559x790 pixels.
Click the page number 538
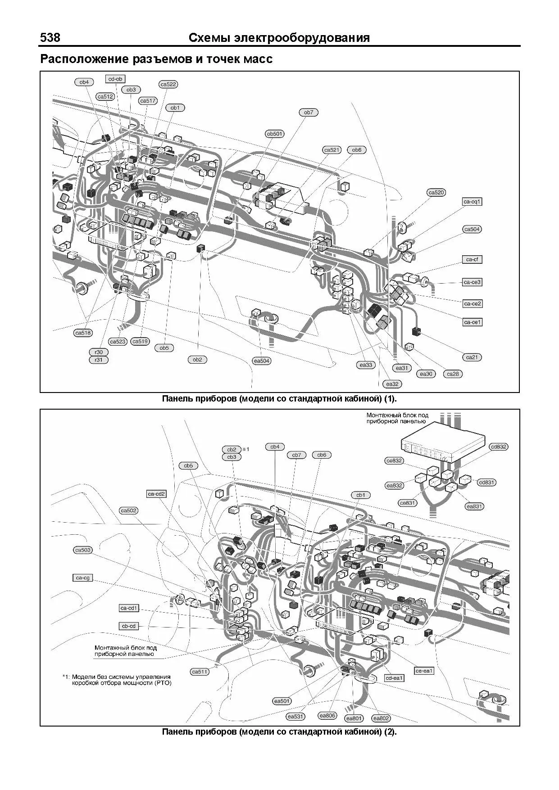point(50,38)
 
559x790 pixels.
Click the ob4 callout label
point(84,82)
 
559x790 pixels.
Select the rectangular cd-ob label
point(115,79)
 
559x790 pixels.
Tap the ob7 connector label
point(308,113)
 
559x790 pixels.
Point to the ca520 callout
point(436,193)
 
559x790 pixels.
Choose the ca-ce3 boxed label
point(472,282)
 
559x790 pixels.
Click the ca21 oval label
point(472,357)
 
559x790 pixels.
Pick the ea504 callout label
point(262,361)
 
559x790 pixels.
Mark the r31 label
point(98,360)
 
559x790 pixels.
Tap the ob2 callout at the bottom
point(197,359)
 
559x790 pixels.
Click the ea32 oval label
point(392,384)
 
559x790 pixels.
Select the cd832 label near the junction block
point(499,447)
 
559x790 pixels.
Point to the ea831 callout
point(474,506)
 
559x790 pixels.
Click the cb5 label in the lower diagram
point(188,465)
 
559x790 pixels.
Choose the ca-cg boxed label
point(82,578)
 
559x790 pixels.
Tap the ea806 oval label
point(327,715)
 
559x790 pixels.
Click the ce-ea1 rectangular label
point(424,671)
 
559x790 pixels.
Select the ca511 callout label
point(200,672)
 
